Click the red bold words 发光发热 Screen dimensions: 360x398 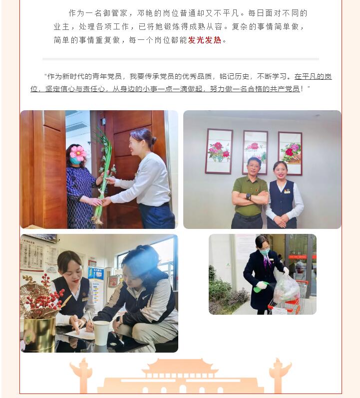click(205, 40)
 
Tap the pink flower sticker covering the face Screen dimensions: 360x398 click(77, 153)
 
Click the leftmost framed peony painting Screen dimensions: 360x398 click(219, 151)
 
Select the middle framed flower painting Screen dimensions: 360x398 click(255, 152)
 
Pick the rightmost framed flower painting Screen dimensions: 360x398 click(290, 153)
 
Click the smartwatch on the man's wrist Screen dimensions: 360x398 click(248, 197)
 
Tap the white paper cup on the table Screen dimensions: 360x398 click(101, 333)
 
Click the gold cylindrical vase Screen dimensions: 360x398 click(39, 334)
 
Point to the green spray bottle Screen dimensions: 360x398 click(260, 288)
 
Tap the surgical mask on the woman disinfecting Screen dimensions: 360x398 click(265, 251)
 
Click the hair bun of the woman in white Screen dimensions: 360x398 click(153, 140)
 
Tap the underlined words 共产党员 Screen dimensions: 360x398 click(285, 89)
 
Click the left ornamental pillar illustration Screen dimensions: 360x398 click(81, 375)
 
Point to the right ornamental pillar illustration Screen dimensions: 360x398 click(280, 375)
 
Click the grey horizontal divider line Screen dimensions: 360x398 click(181, 59)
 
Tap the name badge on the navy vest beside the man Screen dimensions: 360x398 click(287, 192)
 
